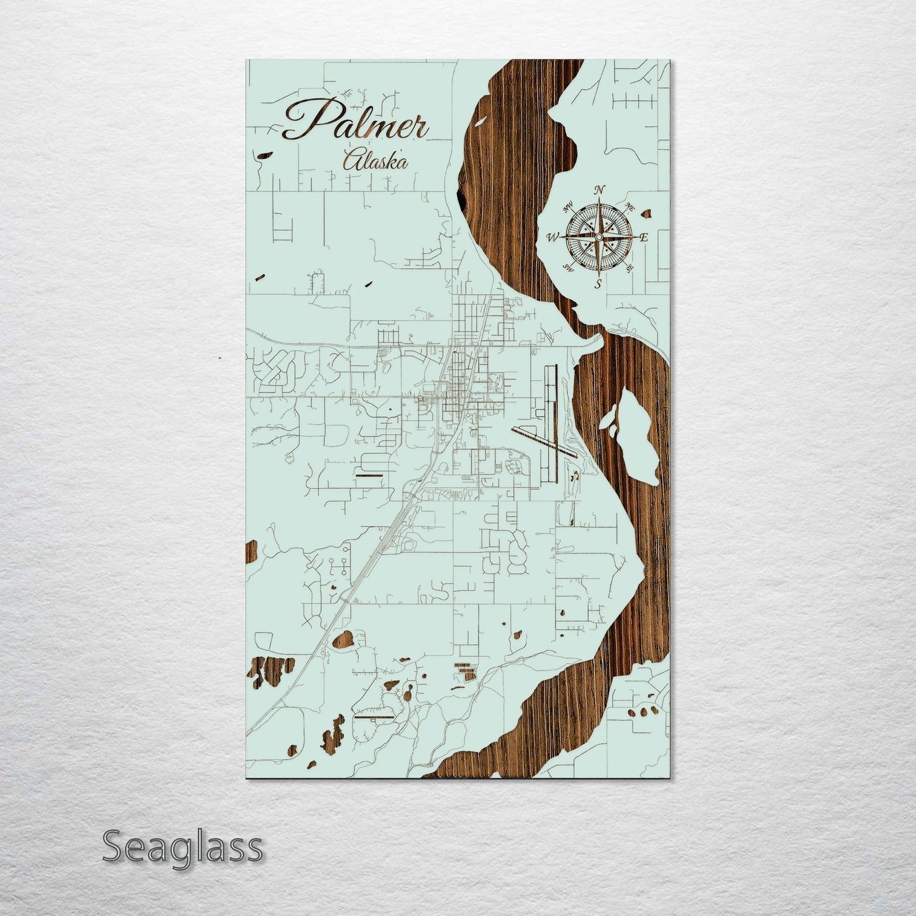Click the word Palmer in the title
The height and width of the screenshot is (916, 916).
pos(355,121)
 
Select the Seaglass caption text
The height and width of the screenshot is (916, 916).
pos(182,847)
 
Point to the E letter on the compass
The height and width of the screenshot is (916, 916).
pos(644,238)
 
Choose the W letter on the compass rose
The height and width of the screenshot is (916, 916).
pos(552,238)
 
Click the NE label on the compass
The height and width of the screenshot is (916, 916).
pos(630,206)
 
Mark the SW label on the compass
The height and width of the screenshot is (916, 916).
pos(569,269)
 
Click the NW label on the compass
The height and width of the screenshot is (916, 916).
pos(569,205)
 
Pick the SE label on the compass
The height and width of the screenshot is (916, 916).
pos(629,268)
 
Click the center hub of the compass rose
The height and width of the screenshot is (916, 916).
pos(598,237)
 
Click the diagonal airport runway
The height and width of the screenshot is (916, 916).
pos(545,441)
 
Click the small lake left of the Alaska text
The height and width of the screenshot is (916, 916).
pos(262,154)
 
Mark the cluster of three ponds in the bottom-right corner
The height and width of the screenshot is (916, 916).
pos(642,712)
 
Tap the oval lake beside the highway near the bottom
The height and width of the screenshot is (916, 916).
pos(344,640)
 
